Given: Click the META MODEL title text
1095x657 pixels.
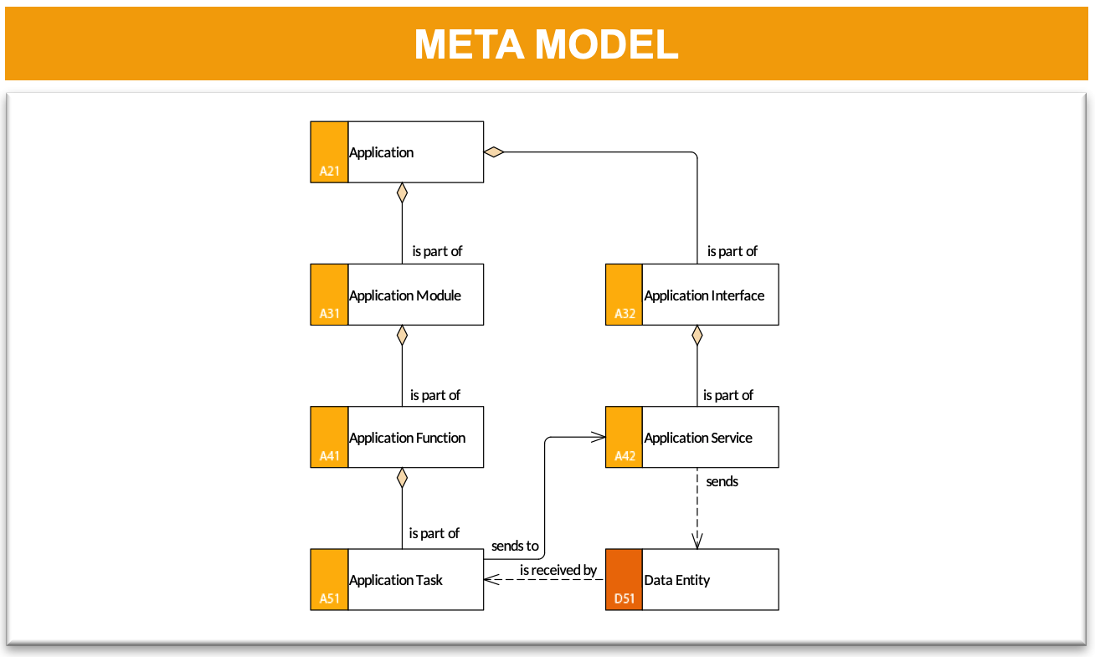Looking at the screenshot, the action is click(546, 44).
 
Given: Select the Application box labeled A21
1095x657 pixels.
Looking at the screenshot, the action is click(397, 152).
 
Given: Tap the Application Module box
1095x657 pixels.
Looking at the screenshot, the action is click(397, 295).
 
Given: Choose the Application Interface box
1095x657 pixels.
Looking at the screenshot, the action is click(692, 295).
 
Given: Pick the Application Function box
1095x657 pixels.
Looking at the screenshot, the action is click(397, 437).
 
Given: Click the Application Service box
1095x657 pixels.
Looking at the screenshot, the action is click(692, 437).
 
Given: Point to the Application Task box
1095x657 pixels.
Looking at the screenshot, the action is click(397, 579).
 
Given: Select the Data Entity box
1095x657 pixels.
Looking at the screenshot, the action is click(692, 579).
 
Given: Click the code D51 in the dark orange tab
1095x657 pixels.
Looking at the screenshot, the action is click(625, 598).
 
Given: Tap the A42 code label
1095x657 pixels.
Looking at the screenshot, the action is click(625, 456).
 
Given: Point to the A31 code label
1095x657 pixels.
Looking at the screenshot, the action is click(330, 313).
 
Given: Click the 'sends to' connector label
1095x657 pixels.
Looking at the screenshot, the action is click(515, 546).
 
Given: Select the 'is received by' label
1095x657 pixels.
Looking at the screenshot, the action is click(558, 570).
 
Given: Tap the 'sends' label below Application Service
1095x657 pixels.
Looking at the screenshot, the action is click(722, 481).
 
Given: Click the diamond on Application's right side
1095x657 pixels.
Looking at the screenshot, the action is click(494, 152).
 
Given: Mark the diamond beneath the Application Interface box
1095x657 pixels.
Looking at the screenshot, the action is click(697, 336).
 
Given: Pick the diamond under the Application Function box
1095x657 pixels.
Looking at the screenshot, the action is click(403, 478).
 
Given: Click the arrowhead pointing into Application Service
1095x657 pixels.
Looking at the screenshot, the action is click(599, 437).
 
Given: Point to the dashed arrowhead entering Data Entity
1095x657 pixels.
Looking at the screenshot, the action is click(697, 542).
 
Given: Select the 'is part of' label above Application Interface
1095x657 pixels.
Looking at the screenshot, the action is click(732, 251).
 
